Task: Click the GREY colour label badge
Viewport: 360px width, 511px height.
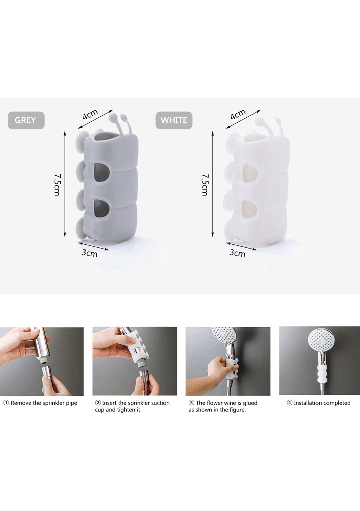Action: (x=26, y=120)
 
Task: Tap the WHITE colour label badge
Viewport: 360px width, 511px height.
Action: (x=174, y=120)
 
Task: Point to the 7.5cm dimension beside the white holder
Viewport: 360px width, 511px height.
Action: (x=205, y=185)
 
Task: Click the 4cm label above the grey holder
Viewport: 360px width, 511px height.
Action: (x=90, y=114)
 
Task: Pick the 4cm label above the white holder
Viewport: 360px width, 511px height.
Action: (x=238, y=114)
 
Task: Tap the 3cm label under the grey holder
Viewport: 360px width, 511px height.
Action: (x=89, y=253)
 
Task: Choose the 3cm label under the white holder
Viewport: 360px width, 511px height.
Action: (x=237, y=253)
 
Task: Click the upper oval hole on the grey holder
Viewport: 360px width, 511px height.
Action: (x=101, y=173)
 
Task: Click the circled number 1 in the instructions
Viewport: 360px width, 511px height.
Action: (x=6, y=403)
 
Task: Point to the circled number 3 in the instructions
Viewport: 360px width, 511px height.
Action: (x=191, y=403)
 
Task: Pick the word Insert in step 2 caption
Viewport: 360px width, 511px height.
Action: (x=109, y=403)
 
